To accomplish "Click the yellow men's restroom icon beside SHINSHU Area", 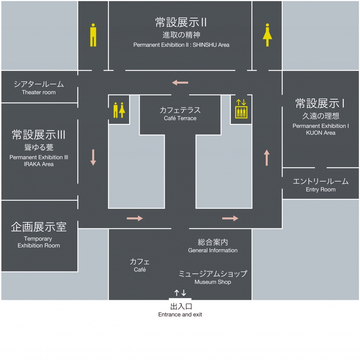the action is pos(93,35).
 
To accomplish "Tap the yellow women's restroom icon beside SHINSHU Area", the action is pos(267,35).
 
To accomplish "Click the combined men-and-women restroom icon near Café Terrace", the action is pos(119,110).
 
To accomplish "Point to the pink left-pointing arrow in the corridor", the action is pos(180,82).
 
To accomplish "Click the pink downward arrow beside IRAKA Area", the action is pos(93,157).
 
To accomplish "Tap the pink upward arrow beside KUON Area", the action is pos(267,157).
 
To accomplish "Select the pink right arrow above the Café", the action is pos(135,218).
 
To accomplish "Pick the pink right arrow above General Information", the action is pos(230,218).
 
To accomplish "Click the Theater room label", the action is pos(39,92).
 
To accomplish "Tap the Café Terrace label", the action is pos(180,118).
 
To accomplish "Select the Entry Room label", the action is pos(321,190).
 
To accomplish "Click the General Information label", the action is pos(213,250).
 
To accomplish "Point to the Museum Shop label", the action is pos(213,282).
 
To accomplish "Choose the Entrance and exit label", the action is pos(180,314).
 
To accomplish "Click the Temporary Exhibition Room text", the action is pos(39,242).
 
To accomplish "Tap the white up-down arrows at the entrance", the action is pos(180,293).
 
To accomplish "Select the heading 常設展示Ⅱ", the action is pos(181,22).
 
